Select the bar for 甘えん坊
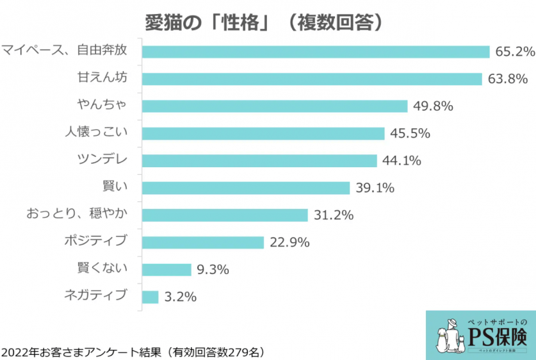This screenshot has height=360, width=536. pyautogui.click(x=311, y=79)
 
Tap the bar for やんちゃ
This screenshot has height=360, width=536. pyautogui.click(x=274, y=106)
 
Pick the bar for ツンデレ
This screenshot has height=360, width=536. pyautogui.click(x=259, y=161)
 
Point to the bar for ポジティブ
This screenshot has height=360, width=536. pyautogui.click(x=202, y=242)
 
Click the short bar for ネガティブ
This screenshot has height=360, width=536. pyautogui.click(x=150, y=297)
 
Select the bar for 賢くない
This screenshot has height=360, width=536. pyautogui.click(x=166, y=270)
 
